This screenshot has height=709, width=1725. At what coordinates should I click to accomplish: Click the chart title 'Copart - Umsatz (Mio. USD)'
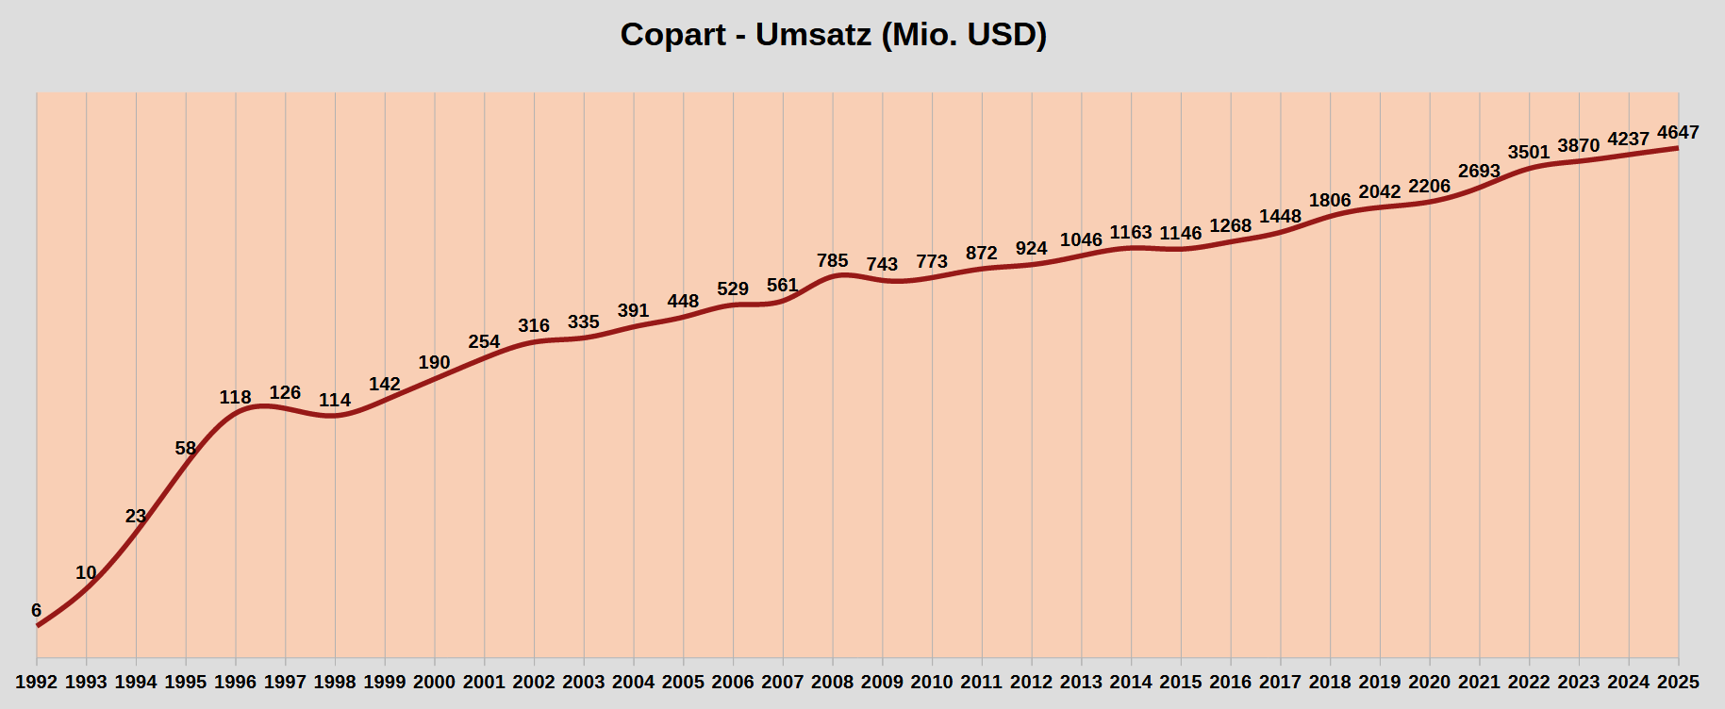coord(834,35)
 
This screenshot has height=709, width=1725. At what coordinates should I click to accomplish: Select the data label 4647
coord(1678,133)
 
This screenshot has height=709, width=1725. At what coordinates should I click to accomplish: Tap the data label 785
coord(832,261)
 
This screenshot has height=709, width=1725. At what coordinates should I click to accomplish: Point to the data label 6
coord(36,611)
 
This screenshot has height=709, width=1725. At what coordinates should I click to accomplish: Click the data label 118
coord(235,398)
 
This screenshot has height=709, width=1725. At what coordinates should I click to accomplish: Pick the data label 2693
coord(1479,172)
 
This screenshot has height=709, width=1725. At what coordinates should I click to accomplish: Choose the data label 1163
coord(1131,233)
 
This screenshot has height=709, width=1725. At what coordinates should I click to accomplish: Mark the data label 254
coord(484,342)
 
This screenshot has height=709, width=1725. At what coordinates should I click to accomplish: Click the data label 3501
coord(1529,153)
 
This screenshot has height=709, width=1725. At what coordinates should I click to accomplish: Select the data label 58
coord(185,449)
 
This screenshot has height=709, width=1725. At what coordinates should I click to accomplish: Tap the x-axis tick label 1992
coord(37,682)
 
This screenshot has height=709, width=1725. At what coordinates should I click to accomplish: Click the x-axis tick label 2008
coord(832,682)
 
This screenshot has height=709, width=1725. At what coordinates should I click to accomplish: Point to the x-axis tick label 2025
coord(1678,682)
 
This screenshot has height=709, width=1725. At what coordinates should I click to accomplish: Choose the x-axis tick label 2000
coord(434,682)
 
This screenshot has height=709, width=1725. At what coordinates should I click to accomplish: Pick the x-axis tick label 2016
coord(1230,682)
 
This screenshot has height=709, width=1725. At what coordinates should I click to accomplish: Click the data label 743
coord(882,265)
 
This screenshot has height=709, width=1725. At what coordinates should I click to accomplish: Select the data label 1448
coord(1280,217)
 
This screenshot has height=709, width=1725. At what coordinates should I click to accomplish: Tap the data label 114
coord(335,401)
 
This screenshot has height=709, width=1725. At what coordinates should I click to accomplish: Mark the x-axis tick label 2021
coord(1479,682)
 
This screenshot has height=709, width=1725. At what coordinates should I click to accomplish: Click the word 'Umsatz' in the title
coord(814,35)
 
